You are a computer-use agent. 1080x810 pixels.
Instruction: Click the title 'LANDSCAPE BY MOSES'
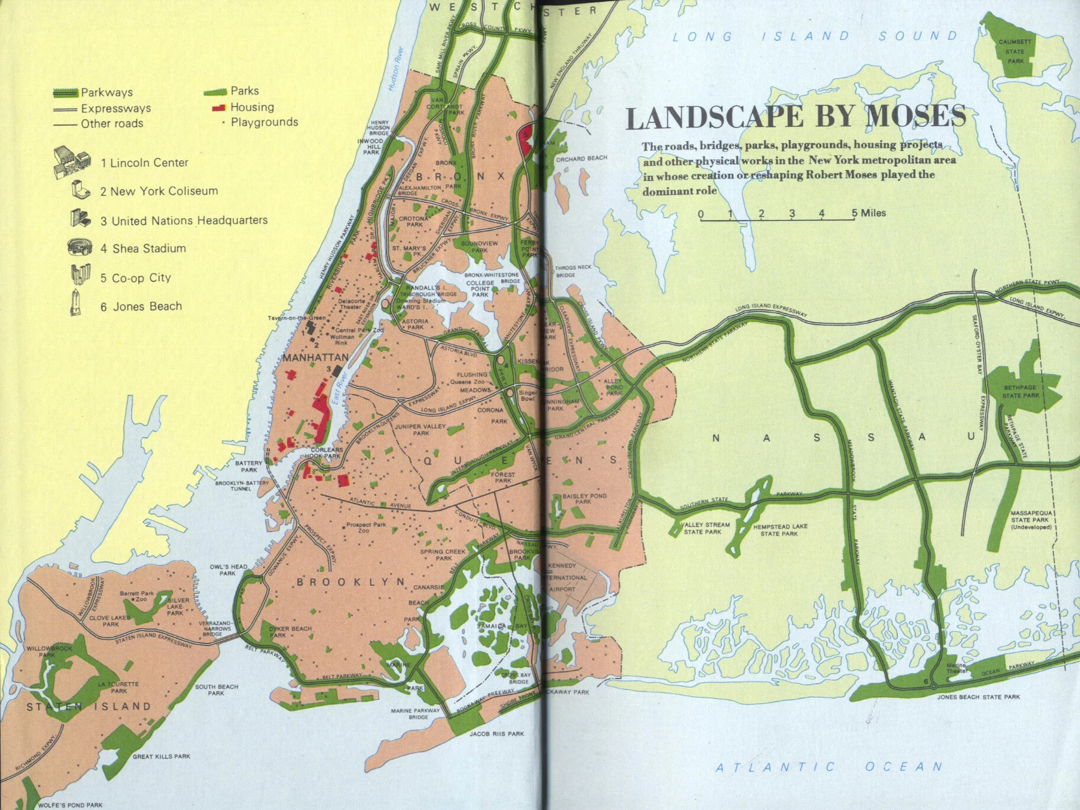click(x=796, y=117)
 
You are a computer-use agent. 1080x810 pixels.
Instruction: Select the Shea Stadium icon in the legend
click(x=80, y=247)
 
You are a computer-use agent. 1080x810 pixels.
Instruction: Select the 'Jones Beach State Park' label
click(x=978, y=697)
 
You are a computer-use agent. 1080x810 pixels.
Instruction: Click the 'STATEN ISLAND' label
click(x=89, y=706)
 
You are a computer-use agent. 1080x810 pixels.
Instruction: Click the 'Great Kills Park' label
click(x=161, y=757)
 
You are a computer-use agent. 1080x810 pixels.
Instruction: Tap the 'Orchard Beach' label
click(x=581, y=158)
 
